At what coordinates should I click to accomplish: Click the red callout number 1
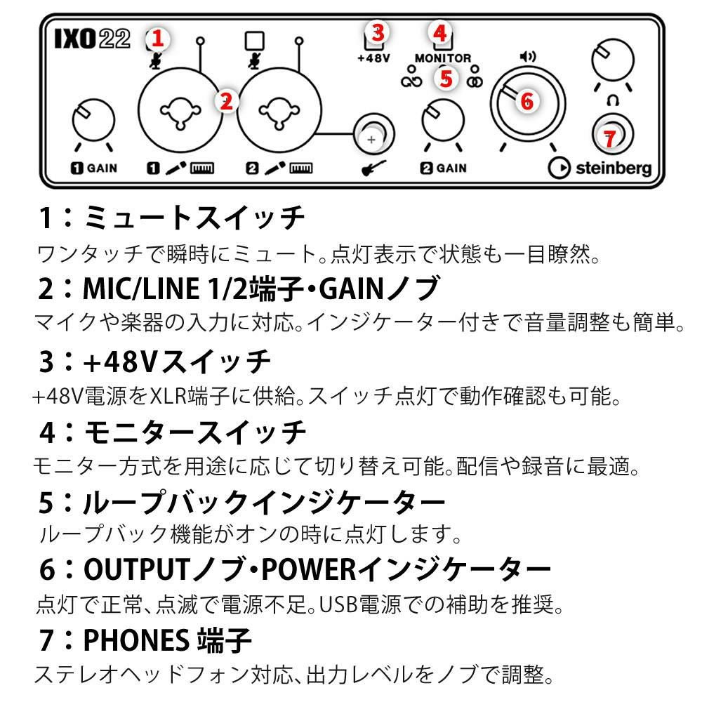pyautogui.click(x=157, y=39)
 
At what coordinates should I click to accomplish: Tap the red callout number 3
pyautogui.click(x=378, y=32)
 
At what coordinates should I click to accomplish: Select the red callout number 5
pyautogui.click(x=446, y=79)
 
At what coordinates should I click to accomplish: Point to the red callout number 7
pyautogui.click(x=609, y=138)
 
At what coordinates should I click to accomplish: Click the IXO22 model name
pyautogui.click(x=92, y=39)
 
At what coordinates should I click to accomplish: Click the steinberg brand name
pyautogui.click(x=614, y=168)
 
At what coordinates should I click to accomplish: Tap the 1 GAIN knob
pyautogui.click(x=93, y=120)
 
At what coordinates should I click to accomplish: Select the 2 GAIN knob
pyautogui.click(x=443, y=120)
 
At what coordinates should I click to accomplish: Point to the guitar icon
pyautogui.click(x=373, y=168)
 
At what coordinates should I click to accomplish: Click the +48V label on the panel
pyautogui.click(x=374, y=58)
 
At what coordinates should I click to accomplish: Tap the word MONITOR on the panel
pyautogui.click(x=443, y=58)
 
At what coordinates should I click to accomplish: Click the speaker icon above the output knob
pyautogui.click(x=528, y=56)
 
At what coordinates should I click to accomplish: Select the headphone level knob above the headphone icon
pyautogui.click(x=612, y=60)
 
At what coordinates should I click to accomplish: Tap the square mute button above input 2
pyautogui.click(x=255, y=41)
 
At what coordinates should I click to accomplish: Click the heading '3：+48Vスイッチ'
pyautogui.click(x=155, y=362)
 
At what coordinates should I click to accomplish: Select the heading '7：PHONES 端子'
pyautogui.click(x=145, y=640)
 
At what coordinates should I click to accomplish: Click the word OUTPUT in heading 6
pyautogui.click(x=137, y=570)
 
